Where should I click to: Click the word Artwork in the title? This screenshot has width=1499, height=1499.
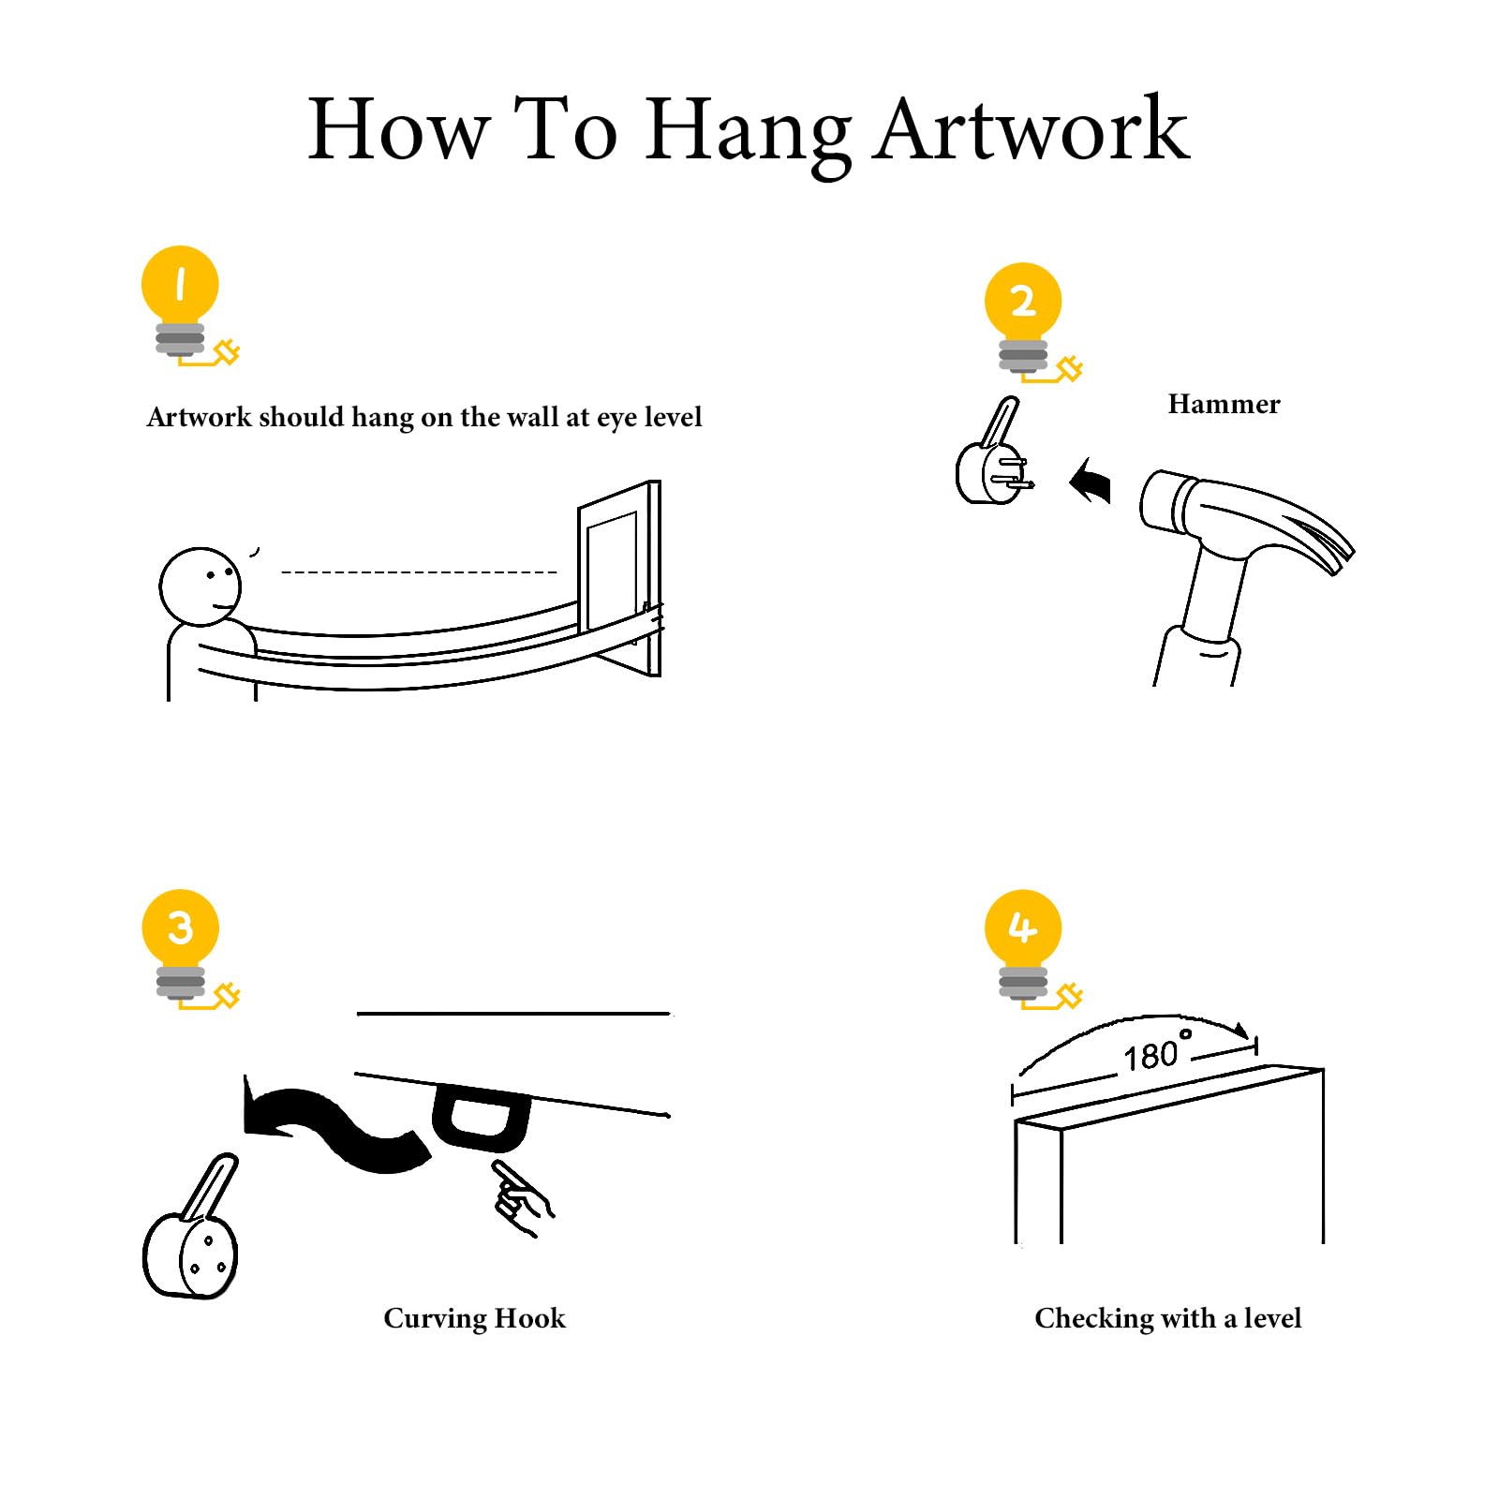click(x=1031, y=130)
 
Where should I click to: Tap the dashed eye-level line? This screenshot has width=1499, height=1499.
click(x=419, y=571)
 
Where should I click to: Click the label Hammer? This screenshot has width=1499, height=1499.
click(x=1224, y=404)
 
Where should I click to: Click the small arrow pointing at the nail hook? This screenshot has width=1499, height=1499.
click(x=1091, y=481)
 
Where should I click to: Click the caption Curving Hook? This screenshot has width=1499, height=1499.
click(x=474, y=1318)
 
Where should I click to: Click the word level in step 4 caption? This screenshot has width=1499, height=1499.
click(x=1272, y=1318)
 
